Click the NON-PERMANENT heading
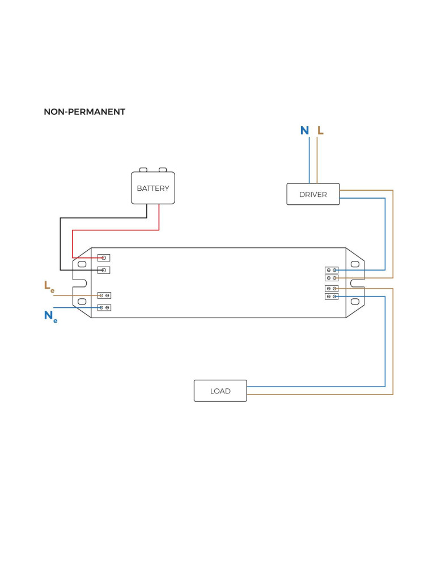pos(84,112)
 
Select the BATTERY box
pos(153,188)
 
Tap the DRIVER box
pos(313,194)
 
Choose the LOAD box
pos(220,391)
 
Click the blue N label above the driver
pos(304,131)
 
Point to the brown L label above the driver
pos(320,131)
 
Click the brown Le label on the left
pos(49,286)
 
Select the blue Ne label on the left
pos(50,316)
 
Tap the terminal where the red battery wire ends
pos(104,258)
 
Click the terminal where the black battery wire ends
pos(104,270)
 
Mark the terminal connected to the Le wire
pos(104,295)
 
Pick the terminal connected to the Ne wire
pos(104,307)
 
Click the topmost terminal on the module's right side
pos(332,270)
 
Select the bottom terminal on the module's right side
pos(332,297)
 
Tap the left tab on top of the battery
pos(143,170)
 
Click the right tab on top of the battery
pos(163,170)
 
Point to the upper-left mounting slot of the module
pos(82,264)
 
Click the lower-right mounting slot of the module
pos(355,302)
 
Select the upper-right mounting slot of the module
pos(355,264)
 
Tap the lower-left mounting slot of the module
pos(82,302)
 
